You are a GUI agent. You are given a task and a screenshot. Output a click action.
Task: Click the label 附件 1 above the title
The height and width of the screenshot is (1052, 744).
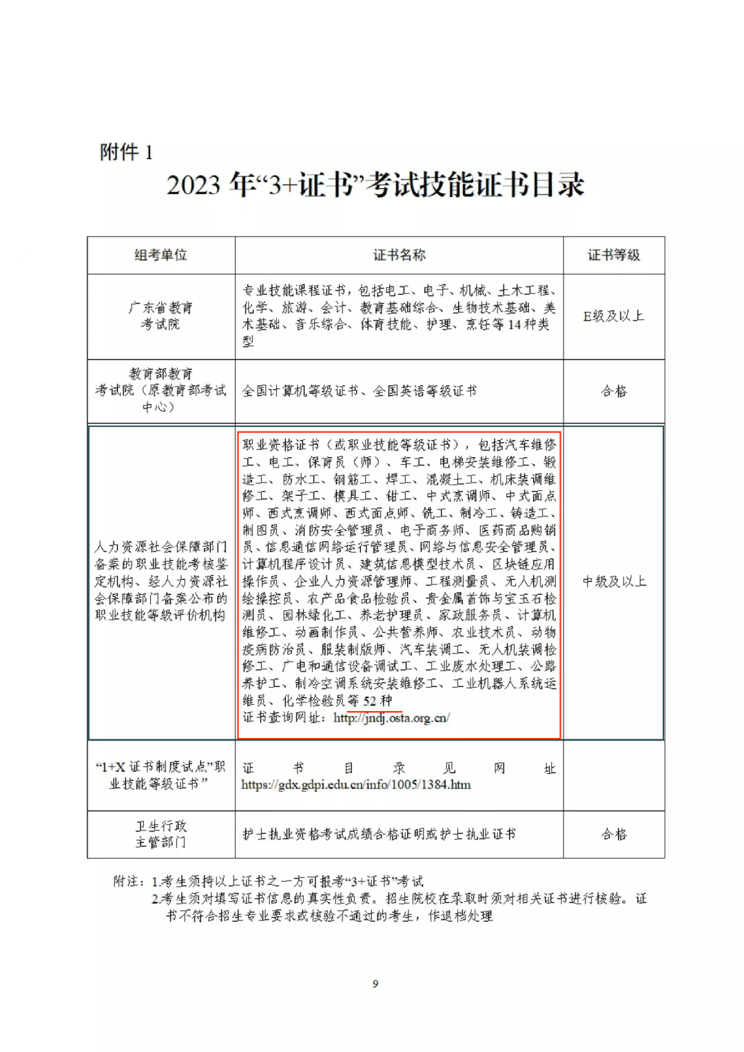[126, 151]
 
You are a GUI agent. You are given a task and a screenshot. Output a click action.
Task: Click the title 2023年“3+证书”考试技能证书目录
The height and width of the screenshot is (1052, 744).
[375, 185]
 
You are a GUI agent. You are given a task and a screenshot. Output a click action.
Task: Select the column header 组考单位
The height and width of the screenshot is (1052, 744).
[161, 255]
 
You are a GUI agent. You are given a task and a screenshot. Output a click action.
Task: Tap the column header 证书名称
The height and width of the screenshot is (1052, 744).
[399, 255]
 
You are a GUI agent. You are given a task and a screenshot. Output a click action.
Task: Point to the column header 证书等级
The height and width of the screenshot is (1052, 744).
[613, 255]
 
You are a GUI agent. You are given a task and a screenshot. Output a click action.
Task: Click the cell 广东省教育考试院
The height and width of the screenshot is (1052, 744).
[161, 315]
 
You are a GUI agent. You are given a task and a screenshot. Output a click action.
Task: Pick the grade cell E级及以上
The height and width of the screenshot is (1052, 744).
[613, 316]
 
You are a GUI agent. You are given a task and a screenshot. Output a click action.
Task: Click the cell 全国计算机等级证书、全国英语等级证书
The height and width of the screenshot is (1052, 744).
[359, 391]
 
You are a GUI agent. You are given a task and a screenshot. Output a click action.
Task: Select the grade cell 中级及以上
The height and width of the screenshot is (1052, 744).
[614, 582]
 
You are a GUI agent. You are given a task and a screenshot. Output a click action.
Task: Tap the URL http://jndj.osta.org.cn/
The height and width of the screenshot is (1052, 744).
[391, 717]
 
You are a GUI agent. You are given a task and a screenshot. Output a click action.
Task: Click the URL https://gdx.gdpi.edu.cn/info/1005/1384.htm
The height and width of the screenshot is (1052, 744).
[355, 784]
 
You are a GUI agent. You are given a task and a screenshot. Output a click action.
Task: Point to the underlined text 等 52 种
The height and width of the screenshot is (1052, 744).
[370, 701]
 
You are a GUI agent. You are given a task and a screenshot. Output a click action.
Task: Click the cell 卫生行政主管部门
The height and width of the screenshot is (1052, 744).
[161, 834]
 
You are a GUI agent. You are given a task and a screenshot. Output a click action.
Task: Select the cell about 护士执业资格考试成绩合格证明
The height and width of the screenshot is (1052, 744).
[378, 834]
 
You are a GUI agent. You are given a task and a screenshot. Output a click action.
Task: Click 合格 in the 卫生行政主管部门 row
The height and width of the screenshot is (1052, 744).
[613, 834]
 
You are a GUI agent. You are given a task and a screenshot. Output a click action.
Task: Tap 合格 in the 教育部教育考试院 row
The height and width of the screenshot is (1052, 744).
[613, 391]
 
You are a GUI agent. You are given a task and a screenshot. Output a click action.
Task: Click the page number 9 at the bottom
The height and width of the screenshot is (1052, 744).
[375, 984]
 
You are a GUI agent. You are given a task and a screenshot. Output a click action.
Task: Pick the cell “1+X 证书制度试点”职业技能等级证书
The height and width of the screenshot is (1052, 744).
[161, 775]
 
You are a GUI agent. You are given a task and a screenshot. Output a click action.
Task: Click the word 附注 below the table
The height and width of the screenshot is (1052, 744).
[128, 881]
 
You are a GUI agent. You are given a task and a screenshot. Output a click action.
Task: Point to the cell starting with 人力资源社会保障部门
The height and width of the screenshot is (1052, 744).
[161, 581]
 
